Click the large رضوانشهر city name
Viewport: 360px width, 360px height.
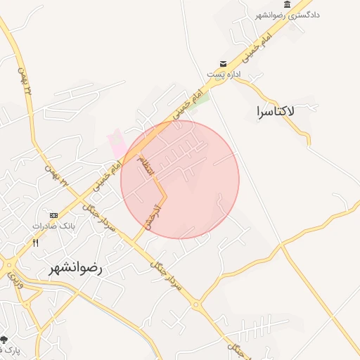[75, 268]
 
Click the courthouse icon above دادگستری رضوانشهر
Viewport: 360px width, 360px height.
[288, 4]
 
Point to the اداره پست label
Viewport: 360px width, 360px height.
[224, 74]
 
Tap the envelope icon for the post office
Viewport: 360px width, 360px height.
[223, 63]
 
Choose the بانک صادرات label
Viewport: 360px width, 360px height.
[53, 226]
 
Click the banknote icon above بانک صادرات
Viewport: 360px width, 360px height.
[53, 215]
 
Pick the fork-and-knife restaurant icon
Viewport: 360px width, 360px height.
[35, 242]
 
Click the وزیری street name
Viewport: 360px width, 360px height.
[15, 281]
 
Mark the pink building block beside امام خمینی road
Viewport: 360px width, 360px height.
[117, 145]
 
